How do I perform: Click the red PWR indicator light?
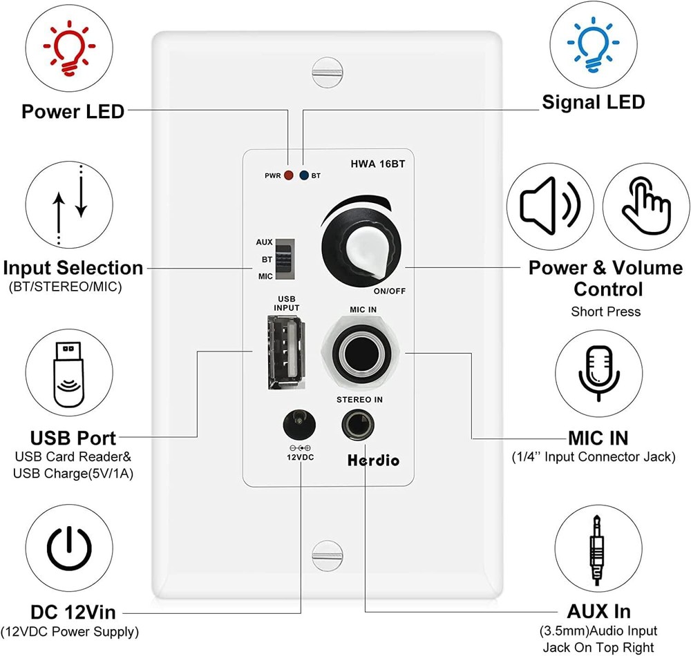[x=287, y=175]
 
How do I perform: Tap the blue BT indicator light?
[x=303, y=175]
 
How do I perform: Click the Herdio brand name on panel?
[x=374, y=460]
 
